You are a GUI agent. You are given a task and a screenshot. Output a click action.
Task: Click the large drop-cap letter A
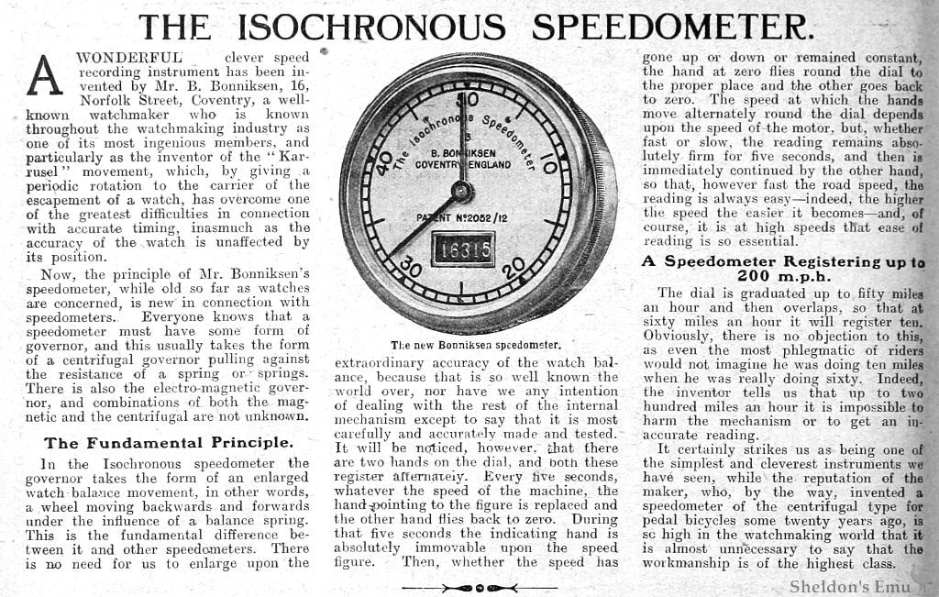click(x=44, y=74)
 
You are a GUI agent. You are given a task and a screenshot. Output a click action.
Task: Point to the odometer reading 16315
click(x=463, y=248)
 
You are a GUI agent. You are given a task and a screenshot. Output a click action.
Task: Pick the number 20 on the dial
click(x=514, y=266)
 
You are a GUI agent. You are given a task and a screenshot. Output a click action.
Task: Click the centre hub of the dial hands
click(x=462, y=191)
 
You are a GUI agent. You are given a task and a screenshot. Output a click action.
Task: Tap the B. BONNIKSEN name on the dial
click(x=456, y=152)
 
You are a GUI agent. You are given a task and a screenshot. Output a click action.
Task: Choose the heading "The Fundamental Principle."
click(x=169, y=442)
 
